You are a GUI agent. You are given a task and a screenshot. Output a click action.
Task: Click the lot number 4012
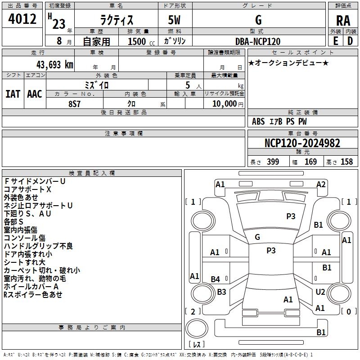[23, 19]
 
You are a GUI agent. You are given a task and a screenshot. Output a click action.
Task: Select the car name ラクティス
[116, 20]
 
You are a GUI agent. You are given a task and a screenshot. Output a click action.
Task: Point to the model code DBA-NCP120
[258, 41]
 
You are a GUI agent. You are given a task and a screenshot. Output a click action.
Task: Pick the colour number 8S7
[74, 103]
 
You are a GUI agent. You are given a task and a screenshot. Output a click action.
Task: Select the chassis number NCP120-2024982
[302, 143]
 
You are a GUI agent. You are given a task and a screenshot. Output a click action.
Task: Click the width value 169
[310, 162]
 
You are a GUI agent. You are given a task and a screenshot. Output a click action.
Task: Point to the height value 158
[346, 162]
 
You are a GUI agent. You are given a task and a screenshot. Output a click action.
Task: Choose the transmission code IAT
[13, 94]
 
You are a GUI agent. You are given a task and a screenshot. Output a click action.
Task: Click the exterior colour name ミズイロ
[97, 85]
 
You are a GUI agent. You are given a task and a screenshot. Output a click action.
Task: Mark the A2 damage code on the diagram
[321, 184]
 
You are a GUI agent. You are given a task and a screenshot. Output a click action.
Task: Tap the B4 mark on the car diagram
[216, 279]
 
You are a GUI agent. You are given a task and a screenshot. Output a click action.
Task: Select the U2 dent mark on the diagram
[320, 292]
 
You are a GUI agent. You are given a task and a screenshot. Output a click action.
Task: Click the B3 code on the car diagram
[221, 292]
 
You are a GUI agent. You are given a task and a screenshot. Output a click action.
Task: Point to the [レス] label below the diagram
[196, 345]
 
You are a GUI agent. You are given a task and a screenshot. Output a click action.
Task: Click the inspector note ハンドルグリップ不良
[38, 246]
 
